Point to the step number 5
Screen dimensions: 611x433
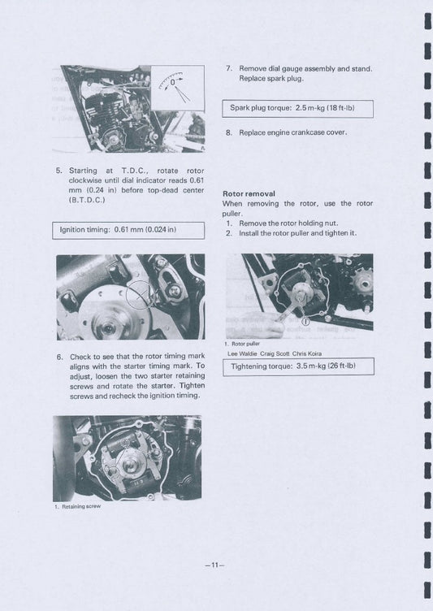(x=58, y=171)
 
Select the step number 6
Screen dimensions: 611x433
(x=59, y=357)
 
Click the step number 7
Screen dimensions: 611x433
(x=228, y=69)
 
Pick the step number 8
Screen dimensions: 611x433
(x=228, y=132)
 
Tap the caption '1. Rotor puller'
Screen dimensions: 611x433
(x=242, y=344)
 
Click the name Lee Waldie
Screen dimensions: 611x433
(x=245, y=353)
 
